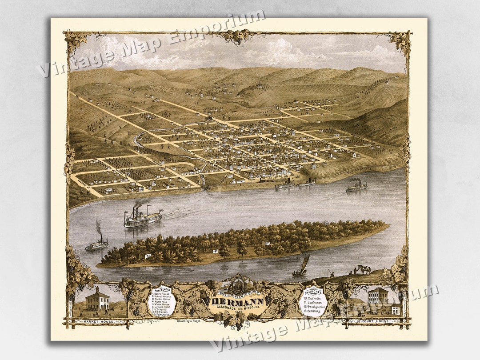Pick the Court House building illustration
click(377, 297)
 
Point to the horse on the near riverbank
click(364, 269)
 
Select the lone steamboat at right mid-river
click(357, 187)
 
